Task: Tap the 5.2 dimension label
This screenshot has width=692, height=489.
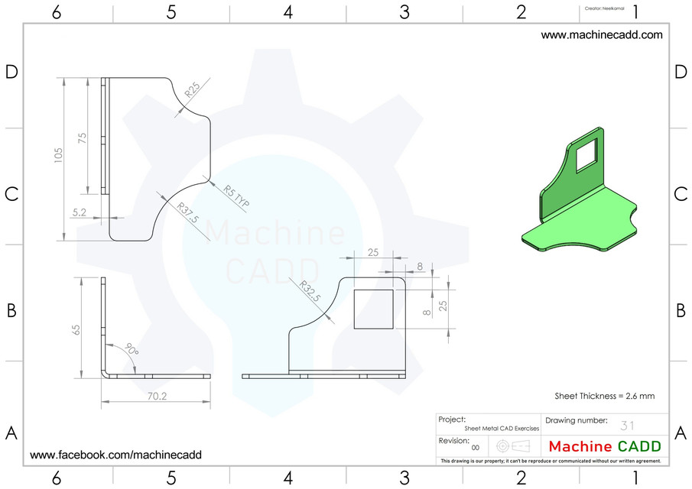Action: [80, 213]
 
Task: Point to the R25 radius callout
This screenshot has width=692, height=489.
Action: [192, 92]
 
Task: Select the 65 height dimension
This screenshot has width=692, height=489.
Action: [76, 329]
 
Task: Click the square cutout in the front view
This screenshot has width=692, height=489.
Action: [373, 309]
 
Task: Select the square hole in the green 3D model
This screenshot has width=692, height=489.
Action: [586, 156]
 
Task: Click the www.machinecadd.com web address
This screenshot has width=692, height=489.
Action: [602, 34]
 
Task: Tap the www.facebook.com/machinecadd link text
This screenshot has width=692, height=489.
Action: [115, 455]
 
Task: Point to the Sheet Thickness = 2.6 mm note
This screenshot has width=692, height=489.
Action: [604, 396]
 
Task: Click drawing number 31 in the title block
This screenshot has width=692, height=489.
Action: [628, 426]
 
